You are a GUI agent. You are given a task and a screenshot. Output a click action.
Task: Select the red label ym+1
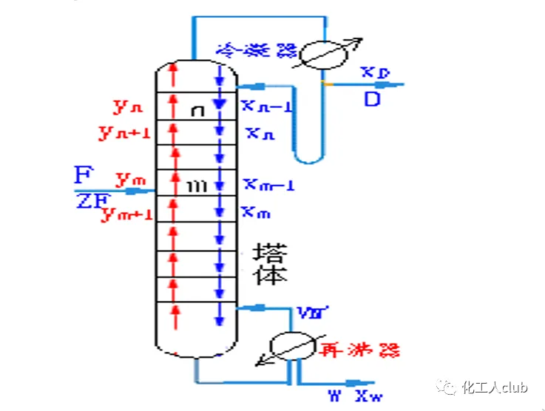point(127,214)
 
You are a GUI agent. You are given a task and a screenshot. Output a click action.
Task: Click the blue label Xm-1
point(268,185)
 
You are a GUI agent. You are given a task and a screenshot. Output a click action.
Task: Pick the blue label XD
point(376,72)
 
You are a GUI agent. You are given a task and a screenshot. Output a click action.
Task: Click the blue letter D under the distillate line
point(371,99)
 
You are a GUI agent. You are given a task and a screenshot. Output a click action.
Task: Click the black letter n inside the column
point(197,111)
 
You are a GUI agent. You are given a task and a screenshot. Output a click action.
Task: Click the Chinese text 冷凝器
point(256,50)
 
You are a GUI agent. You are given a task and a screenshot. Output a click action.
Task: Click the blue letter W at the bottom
point(335,395)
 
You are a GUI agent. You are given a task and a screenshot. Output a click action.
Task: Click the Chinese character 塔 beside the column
point(269,252)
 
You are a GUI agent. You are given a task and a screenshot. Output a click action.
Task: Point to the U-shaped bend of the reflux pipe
point(306,157)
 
